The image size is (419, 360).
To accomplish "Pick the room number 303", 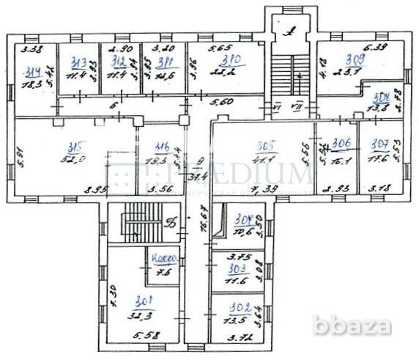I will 227,269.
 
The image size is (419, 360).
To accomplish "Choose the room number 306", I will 339,144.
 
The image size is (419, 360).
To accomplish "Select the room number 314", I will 31,71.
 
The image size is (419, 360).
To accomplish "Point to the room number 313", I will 79,61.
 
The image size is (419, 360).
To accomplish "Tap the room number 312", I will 119,61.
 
